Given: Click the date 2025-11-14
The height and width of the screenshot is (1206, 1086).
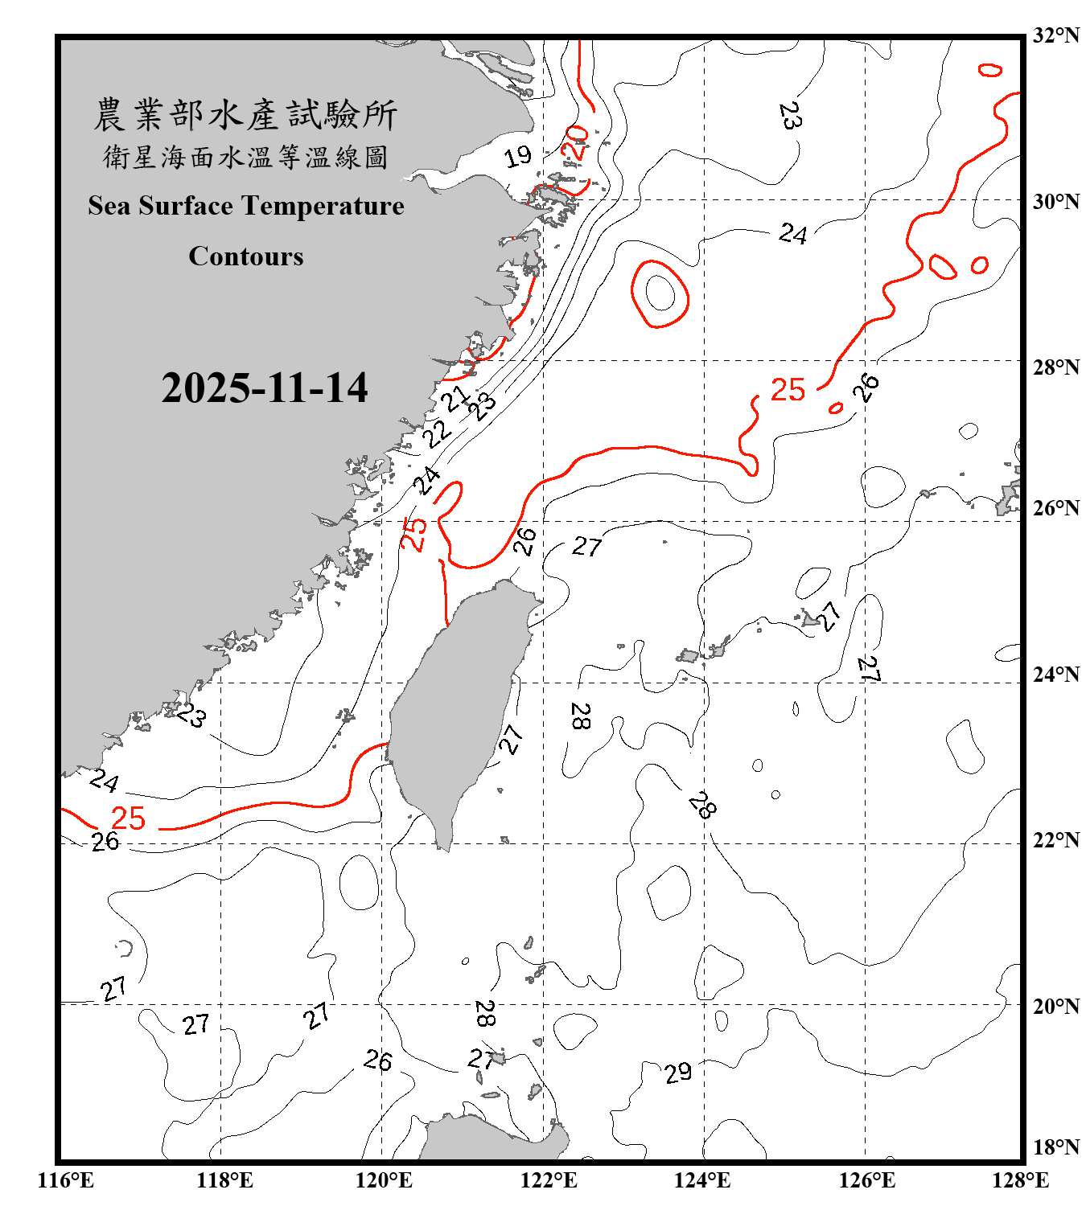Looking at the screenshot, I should [x=264, y=388].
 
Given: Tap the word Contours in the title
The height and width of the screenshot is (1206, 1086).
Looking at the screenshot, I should [x=246, y=256].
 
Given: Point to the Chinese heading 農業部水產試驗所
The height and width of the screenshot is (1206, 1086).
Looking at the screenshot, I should [x=245, y=114].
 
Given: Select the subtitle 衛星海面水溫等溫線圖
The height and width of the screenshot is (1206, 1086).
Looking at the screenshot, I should [x=245, y=157].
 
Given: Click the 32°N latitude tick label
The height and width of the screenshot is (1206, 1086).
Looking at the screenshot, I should [x=1055, y=35].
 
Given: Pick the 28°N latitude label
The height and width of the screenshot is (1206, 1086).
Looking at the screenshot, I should [x=1055, y=367].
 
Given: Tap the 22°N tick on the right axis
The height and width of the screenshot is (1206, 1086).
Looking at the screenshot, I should [x=1055, y=840].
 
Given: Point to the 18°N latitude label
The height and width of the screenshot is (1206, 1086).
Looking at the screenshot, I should [x=1055, y=1147].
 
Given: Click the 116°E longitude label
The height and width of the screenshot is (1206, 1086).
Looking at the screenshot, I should [x=66, y=1180].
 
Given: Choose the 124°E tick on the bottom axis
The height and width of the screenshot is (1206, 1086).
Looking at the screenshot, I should [x=702, y=1180].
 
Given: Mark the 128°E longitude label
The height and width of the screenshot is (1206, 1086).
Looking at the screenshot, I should [x=1020, y=1180].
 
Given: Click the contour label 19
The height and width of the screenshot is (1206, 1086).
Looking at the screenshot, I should [x=518, y=156].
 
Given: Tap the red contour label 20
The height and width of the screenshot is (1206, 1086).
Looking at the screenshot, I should [x=576, y=142].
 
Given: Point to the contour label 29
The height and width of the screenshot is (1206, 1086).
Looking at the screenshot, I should [x=678, y=1072].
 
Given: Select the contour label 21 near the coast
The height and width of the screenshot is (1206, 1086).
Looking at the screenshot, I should [x=455, y=398].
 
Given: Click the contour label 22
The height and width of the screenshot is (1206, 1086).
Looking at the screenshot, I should [x=438, y=434].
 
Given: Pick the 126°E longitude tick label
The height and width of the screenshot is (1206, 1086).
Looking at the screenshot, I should [x=866, y=1180].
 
